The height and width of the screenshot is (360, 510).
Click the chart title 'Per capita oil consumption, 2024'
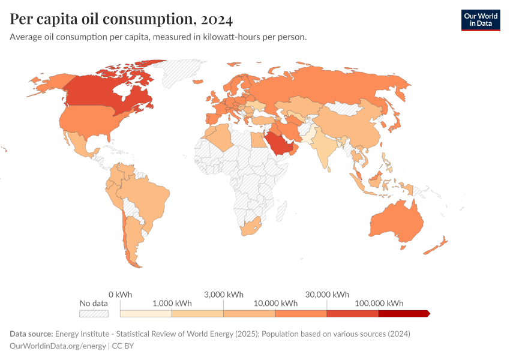tap(121, 19)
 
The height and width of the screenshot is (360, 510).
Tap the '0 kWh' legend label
tap(120, 295)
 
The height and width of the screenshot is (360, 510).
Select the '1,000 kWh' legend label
tap(172, 303)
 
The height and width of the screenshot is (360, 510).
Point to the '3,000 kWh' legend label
tap(224, 295)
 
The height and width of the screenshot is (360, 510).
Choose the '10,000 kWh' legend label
tap(275, 303)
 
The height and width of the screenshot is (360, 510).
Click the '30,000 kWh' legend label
tap(327, 295)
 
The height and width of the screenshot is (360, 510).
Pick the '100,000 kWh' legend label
tap(379, 303)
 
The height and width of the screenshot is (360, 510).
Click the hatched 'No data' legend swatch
tap(94, 313)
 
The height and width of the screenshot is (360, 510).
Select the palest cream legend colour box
tap(146, 313)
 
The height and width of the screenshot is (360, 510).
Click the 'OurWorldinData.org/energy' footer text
tap(58, 346)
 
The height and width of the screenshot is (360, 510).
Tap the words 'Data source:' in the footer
tap(31, 334)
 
